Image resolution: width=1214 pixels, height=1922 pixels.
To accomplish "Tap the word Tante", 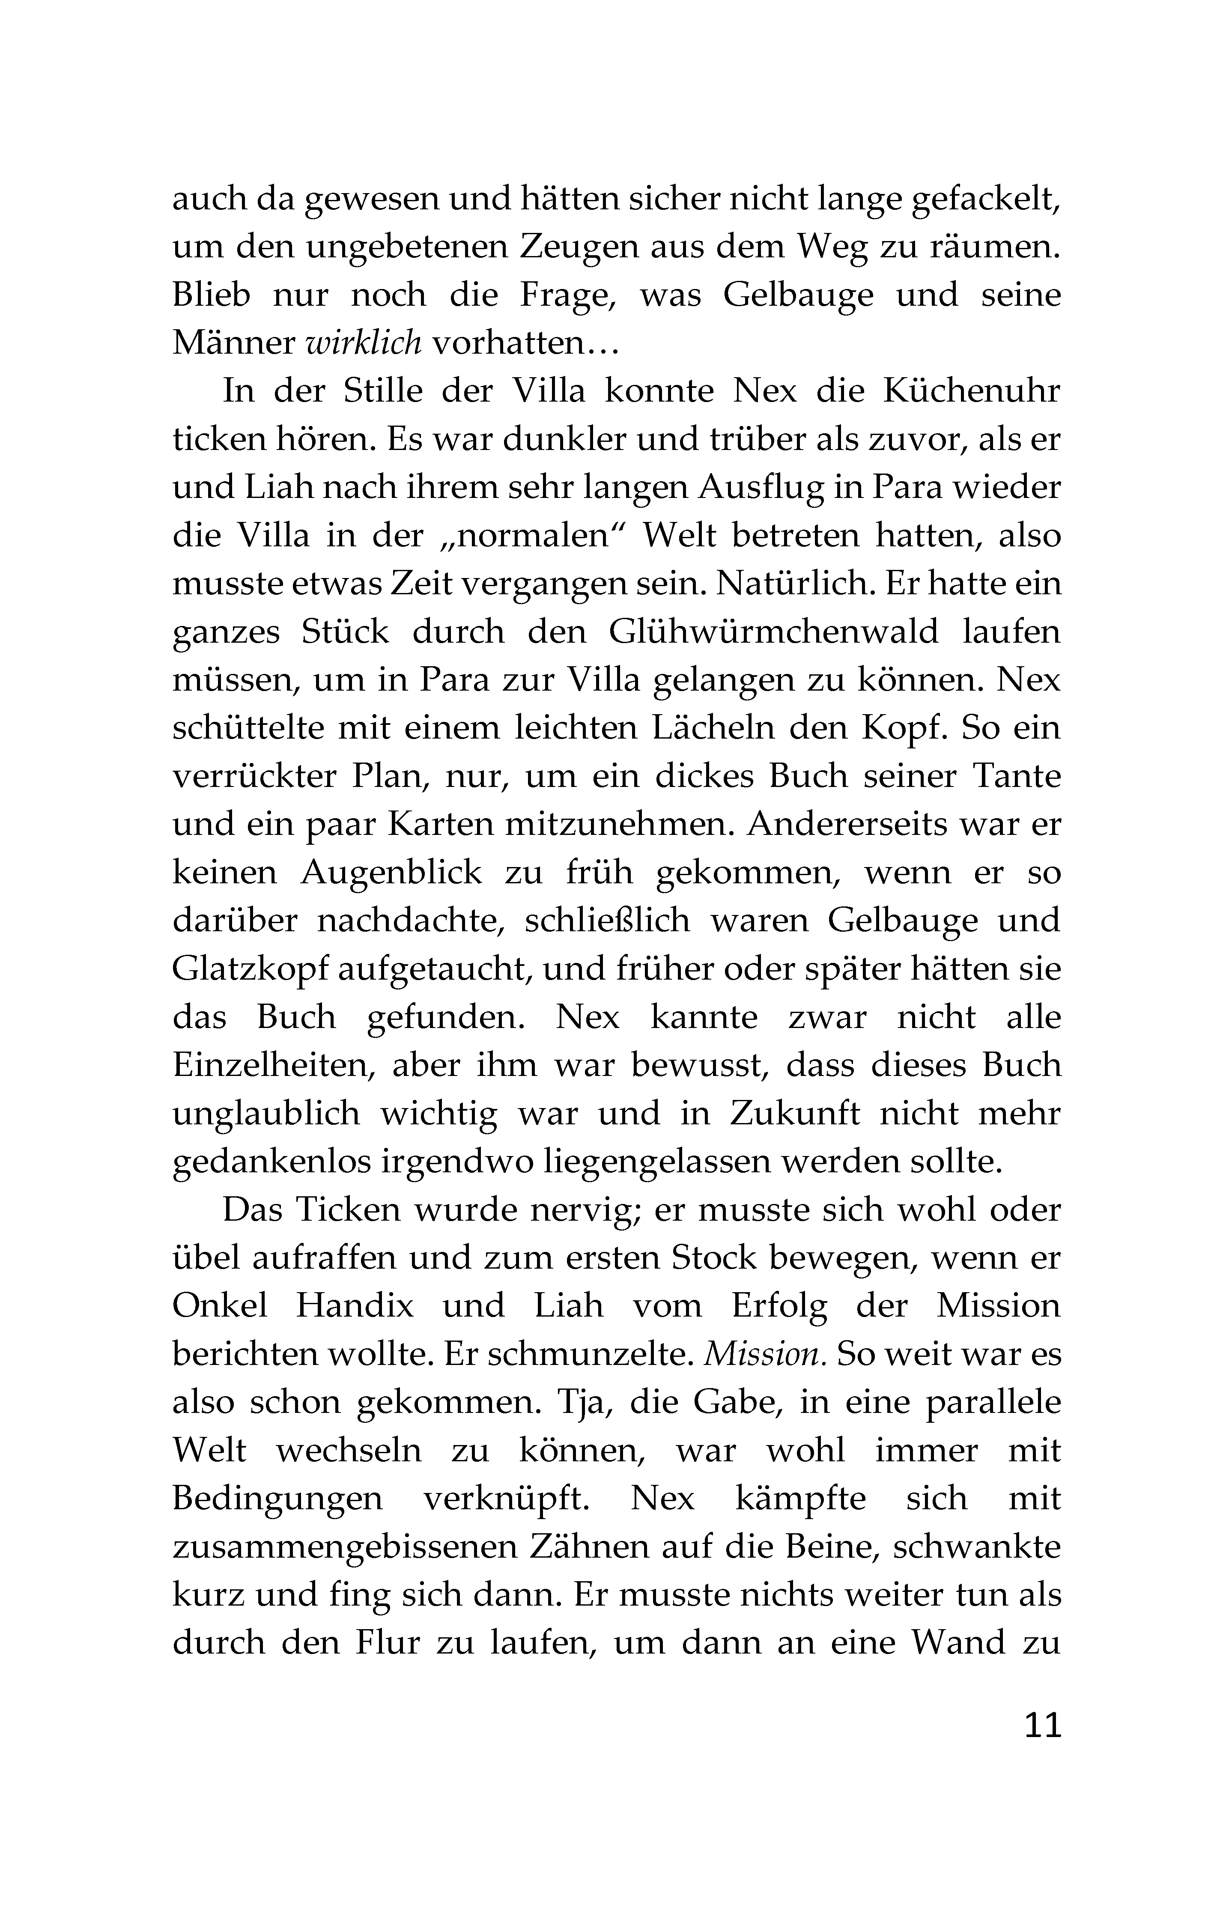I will click(x=1017, y=776).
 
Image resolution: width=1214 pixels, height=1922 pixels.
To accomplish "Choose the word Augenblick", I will click(x=391, y=873).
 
